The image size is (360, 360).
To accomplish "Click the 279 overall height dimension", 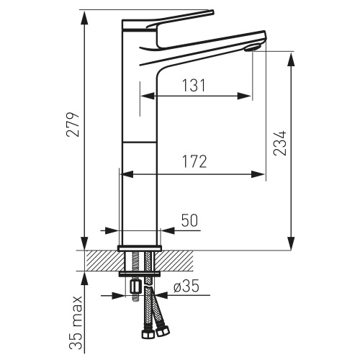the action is [73, 124].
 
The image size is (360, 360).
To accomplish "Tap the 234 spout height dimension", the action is [280, 143].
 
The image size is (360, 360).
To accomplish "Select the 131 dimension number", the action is [194, 85].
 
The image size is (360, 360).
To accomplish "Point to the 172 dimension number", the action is [194, 161].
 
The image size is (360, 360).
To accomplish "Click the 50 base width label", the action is [189, 220].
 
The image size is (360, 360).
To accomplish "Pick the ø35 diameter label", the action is [186, 287].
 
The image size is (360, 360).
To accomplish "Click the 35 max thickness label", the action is [76, 323].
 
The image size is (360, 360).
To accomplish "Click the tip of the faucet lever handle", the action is [212, 12].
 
